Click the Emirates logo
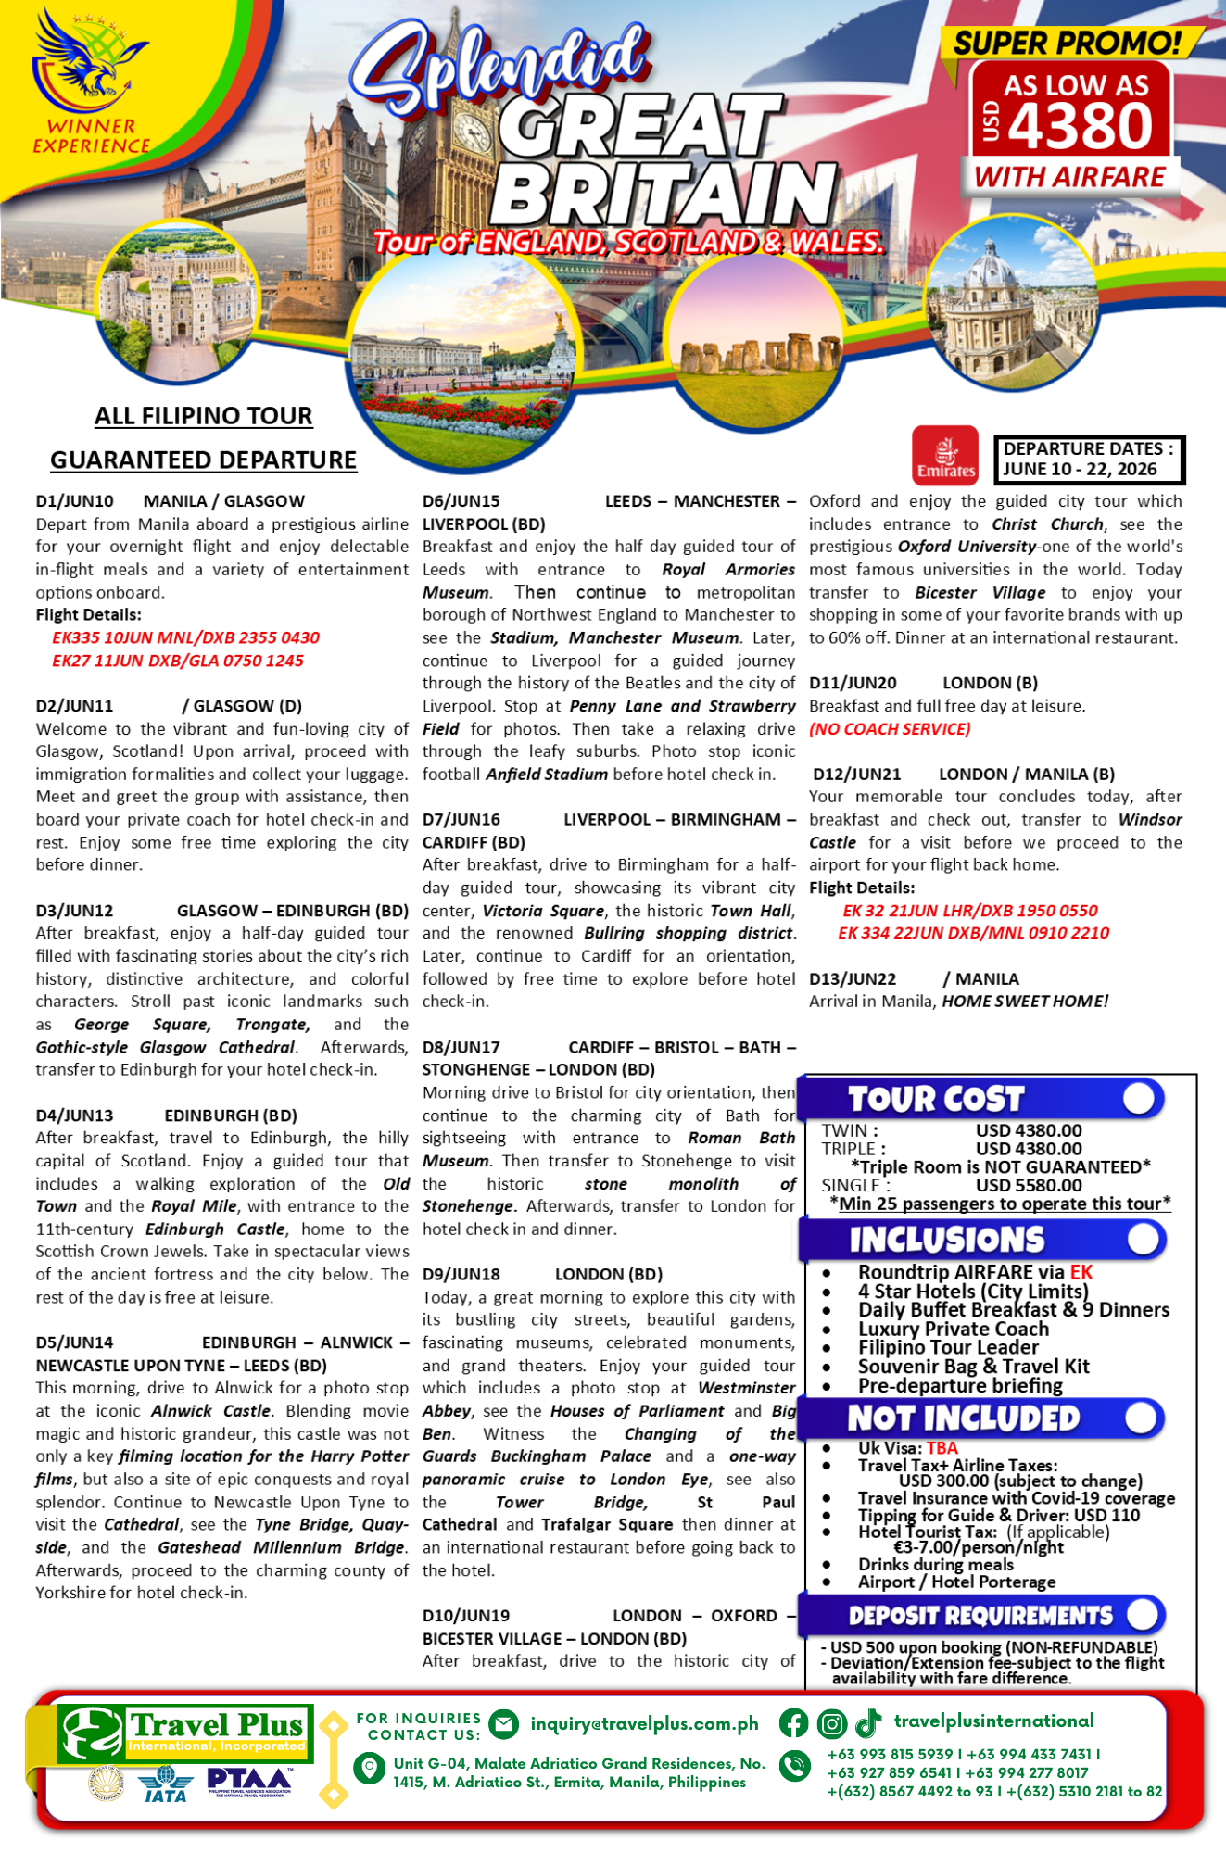pyautogui.click(x=944, y=456)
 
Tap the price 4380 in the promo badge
pyautogui.click(x=1080, y=126)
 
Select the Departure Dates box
pyautogui.click(x=1089, y=460)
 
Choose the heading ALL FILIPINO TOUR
pyautogui.click(x=203, y=416)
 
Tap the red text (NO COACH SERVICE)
pyautogui.click(x=890, y=729)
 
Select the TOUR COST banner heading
pyautogui.click(x=936, y=1099)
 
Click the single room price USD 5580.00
pyautogui.click(x=1029, y=1185)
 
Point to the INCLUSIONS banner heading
pyautogui.click(x=946, y=1240)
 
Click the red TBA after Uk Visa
pyautogui.click(x=942, y=1448)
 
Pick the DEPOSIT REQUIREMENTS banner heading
pyautogui.click(x=980, y=1616)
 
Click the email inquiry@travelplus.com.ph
pyautogui.click(x=644, y=1723)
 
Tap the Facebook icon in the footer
pyautogui.click(x=793, y=1723)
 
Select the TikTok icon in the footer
pyautogui.click(x=868, y=1723)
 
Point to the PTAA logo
pyautogui.click(x=249, y=1781)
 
